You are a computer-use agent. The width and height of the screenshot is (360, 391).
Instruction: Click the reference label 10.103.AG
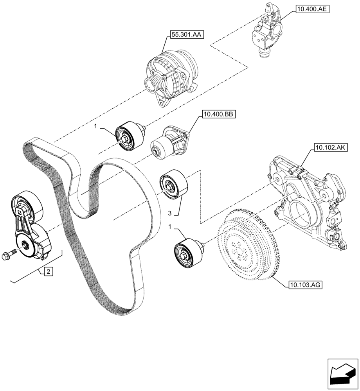tap(305, 285)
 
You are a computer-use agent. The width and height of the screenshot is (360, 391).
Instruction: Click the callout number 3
tap(170, 213)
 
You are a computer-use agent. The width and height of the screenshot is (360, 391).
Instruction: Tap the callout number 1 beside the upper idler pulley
tap(95, 127)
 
